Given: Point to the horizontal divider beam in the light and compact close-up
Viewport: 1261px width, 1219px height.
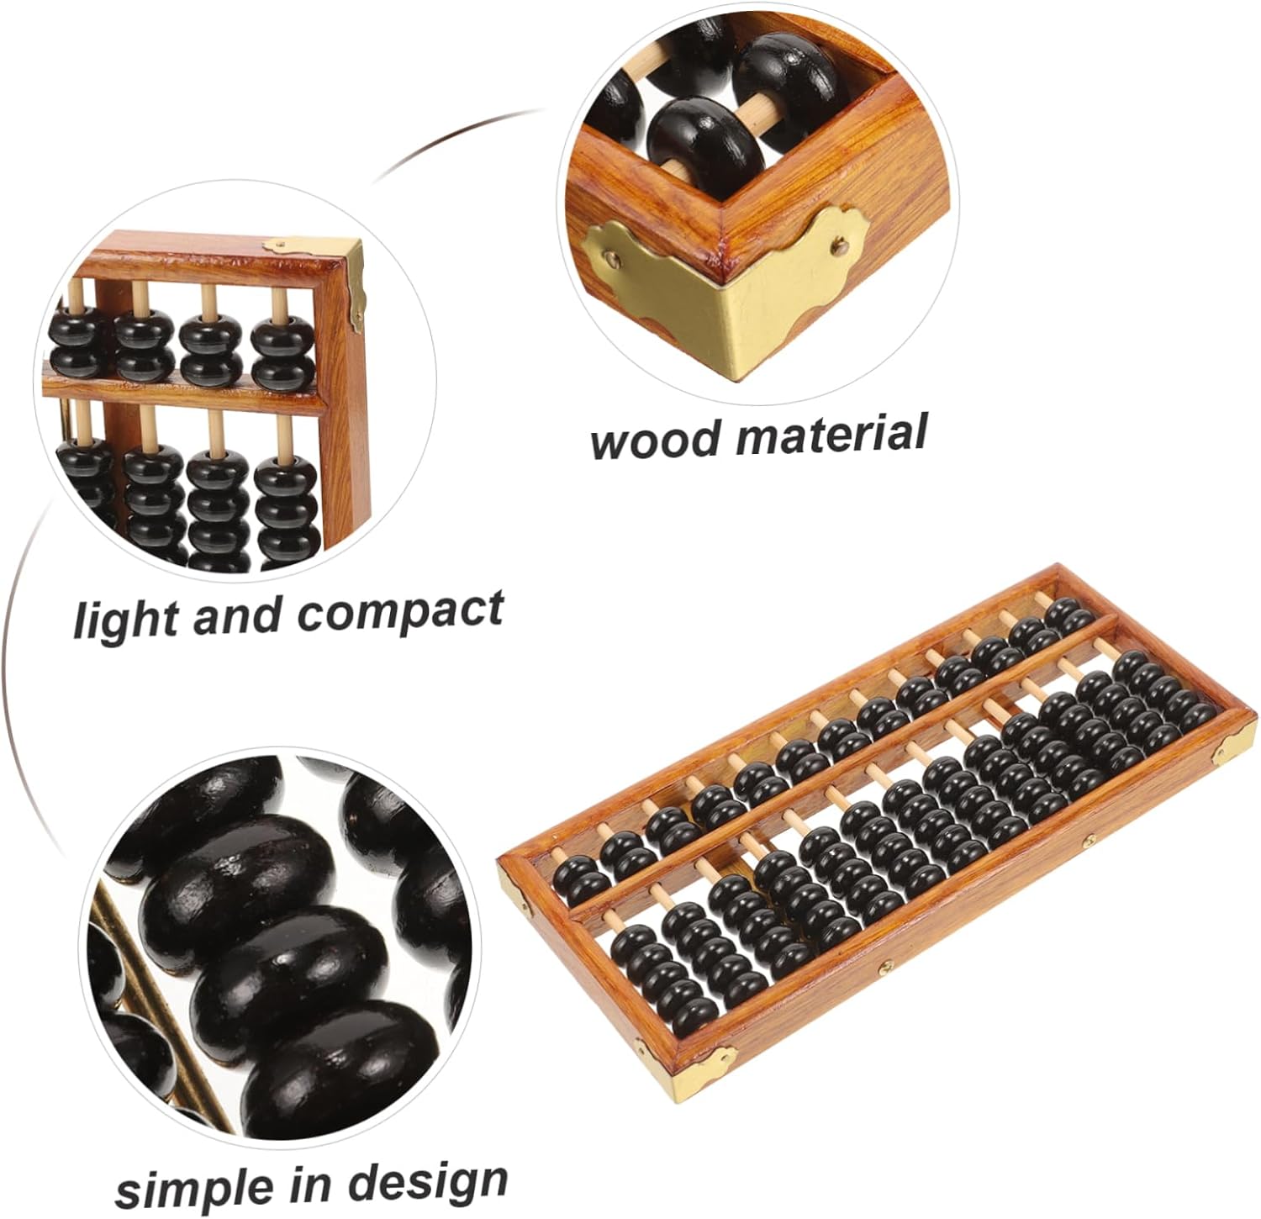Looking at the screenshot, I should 185,396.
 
